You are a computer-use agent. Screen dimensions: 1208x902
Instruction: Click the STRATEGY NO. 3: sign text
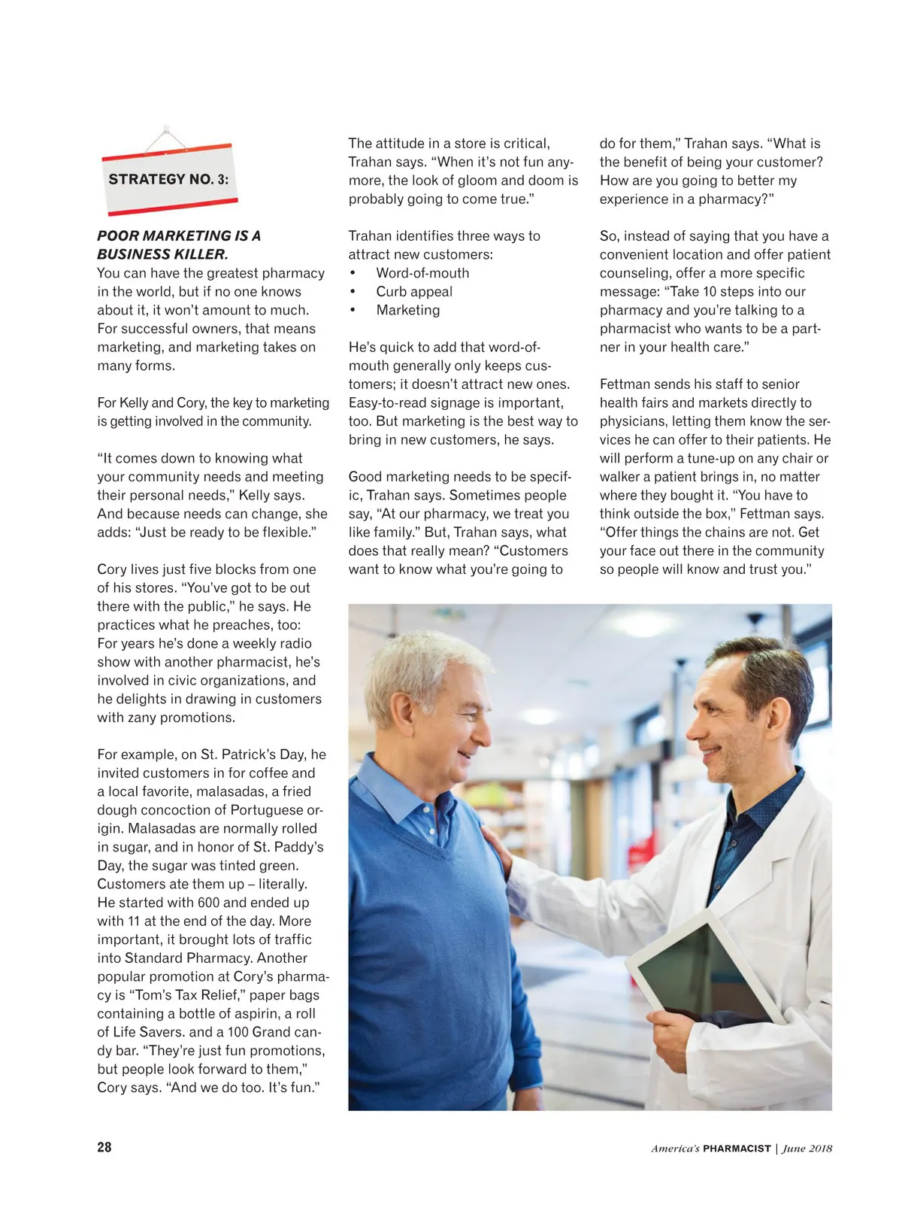168,179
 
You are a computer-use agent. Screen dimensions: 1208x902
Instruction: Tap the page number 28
104,1147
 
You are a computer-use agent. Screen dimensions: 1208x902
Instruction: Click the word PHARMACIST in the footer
737,1149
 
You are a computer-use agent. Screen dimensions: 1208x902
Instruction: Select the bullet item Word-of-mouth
422,273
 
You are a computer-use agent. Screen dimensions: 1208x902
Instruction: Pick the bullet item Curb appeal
414,292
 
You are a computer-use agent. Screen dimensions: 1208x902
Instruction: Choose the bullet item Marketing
408,310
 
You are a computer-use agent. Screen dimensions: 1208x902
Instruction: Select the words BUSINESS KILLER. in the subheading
162,254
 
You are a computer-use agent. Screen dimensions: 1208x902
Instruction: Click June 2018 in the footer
807,1149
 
